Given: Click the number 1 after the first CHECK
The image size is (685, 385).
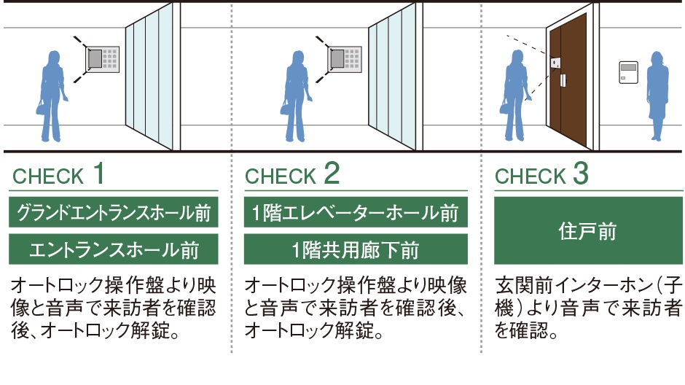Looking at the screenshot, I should [x=98, y=174].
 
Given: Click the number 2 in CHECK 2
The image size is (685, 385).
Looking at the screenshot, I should [x=332, y=174].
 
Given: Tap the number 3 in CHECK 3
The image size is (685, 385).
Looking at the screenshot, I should [x=580, y=174].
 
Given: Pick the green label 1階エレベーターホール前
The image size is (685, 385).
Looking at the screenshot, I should [x=355, y=214].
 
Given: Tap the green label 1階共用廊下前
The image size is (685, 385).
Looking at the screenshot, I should [x=355, y=250].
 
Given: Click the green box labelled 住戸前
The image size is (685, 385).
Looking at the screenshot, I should [x=587, y=231].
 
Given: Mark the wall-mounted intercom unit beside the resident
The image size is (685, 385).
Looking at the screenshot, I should [x=628, y=71].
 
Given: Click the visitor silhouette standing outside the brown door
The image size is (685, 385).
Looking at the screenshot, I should [x=515, y=95].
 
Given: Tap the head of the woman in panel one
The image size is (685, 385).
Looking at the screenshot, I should [x=53, y=58].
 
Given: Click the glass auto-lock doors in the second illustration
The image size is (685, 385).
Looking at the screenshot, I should [x=394, y=80].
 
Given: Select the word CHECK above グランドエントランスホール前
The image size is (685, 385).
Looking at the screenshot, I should [x=49, y=176].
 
